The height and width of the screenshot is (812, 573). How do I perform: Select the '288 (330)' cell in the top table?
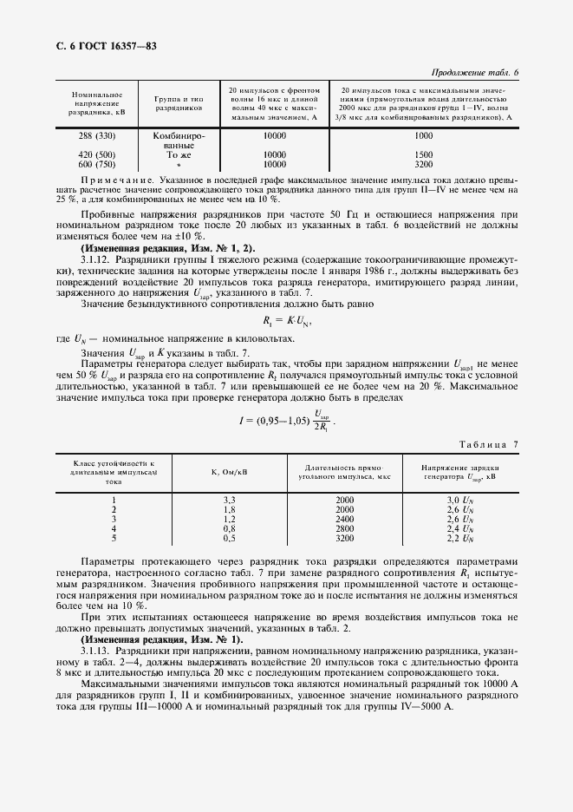tap(96, 136)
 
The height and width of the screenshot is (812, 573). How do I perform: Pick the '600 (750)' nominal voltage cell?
tap(96, 163)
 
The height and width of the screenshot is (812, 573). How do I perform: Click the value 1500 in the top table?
tap(423, 154)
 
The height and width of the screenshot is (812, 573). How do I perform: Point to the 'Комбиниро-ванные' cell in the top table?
tap(179, 141)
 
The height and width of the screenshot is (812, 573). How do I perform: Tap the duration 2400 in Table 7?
tap(345, 519)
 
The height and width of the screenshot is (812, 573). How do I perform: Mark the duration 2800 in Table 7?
tap(345, 527)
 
